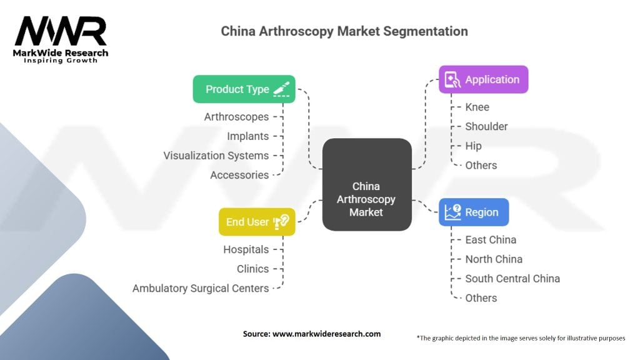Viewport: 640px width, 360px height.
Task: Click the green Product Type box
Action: (x=244, y=89)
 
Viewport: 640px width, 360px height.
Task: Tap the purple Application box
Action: (x=483, y=79)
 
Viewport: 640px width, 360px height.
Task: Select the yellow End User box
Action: (x=256, y=222)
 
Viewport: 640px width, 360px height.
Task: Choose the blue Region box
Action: (x=473, y=212)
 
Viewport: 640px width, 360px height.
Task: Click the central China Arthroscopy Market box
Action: (x=366, y=199)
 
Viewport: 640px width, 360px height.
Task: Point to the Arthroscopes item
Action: (x=236, y=117)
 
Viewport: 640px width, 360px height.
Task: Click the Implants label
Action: (x=248, y=136)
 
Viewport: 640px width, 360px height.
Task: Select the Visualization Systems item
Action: (x=216, y=156)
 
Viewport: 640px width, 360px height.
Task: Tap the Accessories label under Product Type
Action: (x=239, y=175)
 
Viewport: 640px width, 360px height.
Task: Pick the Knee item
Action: (x=477, y=107)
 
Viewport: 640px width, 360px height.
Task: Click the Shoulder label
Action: (x=486, y=126)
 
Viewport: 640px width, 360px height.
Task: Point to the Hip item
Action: (x=473, y=146)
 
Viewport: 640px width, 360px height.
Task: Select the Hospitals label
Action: (x=246, y=249)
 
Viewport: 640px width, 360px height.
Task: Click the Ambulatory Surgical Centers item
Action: (x=201, y=288)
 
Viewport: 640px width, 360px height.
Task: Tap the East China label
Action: (x=491, y=240)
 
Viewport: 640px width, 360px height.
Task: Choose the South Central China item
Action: (x=512, y=279)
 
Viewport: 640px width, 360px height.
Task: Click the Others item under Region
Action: (x=481, y=298)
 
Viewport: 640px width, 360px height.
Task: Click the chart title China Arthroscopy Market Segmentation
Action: (x=344, y=31)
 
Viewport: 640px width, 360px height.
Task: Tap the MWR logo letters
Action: (x=61, y=32)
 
